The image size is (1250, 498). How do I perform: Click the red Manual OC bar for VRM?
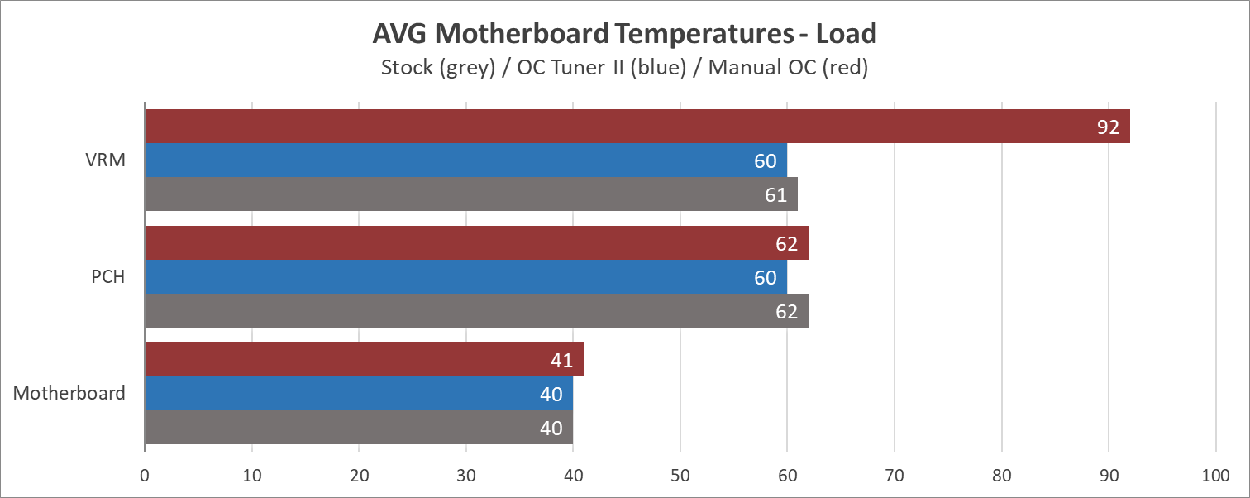click(x=637, y=127)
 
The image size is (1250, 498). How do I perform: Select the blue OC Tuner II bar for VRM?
click(x=465, y=160)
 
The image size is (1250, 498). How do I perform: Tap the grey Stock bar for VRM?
click(x=470, y=194)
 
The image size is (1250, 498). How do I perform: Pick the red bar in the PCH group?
click(x=476, y=243)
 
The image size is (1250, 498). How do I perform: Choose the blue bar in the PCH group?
click(x=465, y=277)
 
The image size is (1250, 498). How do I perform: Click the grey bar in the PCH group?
click(x=476, y=311)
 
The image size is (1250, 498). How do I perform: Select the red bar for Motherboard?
click(x=364, y=360)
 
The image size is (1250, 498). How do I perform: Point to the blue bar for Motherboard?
click(x=358, y=394)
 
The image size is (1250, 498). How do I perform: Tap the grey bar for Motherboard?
click(x=358, y=428)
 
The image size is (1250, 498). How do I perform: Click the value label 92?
click(x=1108, y=127)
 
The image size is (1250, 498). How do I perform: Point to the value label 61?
click(x=775, y=195)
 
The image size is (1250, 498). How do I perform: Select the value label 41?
click(x=561, y=361)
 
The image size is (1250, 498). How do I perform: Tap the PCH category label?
click(x=108, y=277)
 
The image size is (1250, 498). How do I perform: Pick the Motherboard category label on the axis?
click(x=69, y=394)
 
